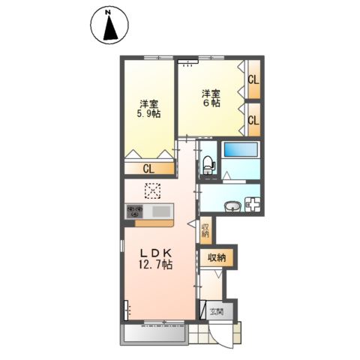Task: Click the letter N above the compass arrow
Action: pos(108,12)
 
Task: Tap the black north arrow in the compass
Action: pos(110,28)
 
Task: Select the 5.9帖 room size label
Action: pos(148,114)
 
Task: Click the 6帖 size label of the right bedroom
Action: pos(211,103)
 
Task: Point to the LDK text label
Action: pos(155,253)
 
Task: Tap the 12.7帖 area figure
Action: pos(155,264)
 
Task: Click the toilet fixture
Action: pos(208,165)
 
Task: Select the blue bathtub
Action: pos(241,150)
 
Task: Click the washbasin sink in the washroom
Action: pos(232,207)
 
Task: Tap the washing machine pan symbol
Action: pos(252,204)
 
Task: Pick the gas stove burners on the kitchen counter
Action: pos(135,211)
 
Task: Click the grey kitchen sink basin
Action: pos(161,211)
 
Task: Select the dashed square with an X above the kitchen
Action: pos(153,190)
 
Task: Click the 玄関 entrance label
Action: pos(217,311)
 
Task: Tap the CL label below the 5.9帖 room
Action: pos(148,169)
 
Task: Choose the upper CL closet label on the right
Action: pos(253,80)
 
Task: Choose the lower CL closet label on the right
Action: pos(253,121)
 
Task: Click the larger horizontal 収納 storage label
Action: pos(217,257)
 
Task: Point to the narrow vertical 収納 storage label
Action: pos(205,230)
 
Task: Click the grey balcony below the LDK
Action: pos(154,334)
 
